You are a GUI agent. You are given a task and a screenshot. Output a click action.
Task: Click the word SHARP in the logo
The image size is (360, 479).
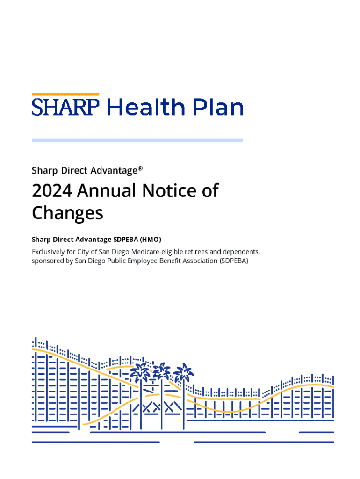tap(65, 107)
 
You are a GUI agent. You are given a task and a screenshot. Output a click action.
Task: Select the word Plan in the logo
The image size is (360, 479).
tap(217, 107)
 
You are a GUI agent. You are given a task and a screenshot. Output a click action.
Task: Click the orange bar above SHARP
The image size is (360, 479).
tap(65, 94)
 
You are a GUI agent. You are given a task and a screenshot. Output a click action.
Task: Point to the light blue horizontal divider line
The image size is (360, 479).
tap(137, 140)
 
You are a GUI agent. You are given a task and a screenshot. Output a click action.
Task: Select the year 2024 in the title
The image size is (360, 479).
tap(51, 191)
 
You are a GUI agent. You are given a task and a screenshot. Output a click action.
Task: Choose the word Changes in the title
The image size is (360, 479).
tap(67, 213)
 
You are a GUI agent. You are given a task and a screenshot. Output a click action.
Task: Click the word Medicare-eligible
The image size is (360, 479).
tap(154, 252)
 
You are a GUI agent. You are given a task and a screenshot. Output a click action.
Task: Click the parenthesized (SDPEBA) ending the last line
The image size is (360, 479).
tap(233, 261)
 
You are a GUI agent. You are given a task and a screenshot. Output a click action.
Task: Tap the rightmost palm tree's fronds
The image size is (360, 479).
tap(183, 372)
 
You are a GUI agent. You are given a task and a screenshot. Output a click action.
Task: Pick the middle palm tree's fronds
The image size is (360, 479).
tap(162, 371)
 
